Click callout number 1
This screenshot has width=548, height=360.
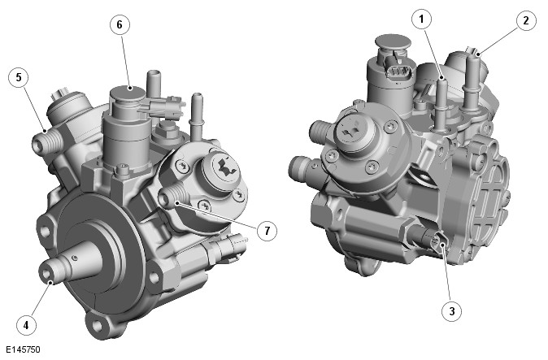pos(421,19)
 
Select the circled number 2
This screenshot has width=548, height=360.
pos(526,21)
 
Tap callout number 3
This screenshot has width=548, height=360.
pos(452,310)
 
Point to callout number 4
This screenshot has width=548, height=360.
pos(26,325)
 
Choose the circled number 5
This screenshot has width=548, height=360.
pos(19,77)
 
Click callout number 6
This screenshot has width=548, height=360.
pos(120,24)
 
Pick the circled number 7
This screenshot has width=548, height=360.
pos(267,231)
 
